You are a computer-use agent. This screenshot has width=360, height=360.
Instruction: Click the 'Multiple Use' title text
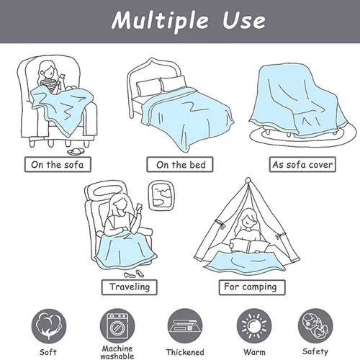tap(189, 20)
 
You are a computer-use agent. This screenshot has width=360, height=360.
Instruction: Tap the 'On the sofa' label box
tap(58, 164)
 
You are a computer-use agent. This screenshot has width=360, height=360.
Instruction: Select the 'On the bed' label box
tap(180, 164)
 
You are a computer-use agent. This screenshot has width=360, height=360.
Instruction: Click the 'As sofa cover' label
tap(302, 164)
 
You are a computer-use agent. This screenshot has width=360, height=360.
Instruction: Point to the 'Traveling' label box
tap(130, 287)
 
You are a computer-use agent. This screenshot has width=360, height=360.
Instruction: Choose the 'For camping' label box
tap(252, 287)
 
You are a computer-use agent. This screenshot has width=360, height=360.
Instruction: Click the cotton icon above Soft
tap(49, 326)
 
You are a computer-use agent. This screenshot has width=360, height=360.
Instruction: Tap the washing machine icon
tap(117, 326)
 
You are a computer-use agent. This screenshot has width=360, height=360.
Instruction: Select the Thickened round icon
tap(185, 326)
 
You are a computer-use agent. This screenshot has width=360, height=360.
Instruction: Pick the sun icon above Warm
tap(254, 326)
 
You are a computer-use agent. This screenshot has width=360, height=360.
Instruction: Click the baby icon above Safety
tap(315, 326)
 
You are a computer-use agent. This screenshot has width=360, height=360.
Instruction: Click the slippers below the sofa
tap(76, 152)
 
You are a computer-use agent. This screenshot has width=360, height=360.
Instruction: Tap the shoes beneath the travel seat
tap(133, 274)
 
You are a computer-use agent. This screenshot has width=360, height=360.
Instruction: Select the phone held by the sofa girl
tap(62, 77)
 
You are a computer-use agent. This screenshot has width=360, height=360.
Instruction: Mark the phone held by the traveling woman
tap(139, 207)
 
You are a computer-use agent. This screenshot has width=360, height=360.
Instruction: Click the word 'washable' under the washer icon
tap(117, 356)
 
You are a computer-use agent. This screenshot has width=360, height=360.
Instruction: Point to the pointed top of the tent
tap(248, 179)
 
